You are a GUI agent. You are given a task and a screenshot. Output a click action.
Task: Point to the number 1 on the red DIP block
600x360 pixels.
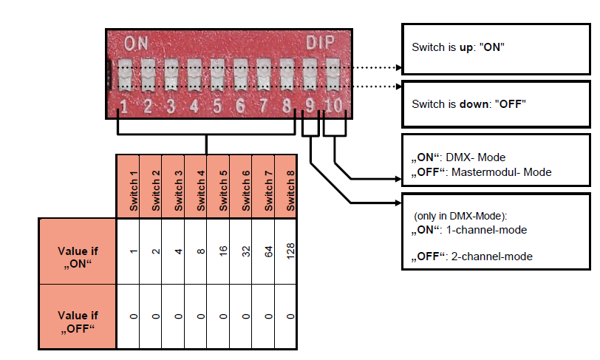click(124, 106)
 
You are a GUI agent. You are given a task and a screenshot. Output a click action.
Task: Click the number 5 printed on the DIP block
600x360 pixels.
click(217, 106)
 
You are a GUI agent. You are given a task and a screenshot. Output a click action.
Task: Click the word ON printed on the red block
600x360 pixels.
click(136, 41)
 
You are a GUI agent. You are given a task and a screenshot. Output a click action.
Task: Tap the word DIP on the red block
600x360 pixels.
click(321, 41)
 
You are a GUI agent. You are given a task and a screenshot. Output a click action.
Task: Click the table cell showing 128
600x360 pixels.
click(290, 251)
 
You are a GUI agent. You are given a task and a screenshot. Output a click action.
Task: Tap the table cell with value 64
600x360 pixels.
click(268, 251)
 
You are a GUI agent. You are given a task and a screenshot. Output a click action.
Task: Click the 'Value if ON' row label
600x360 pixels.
click(78, 251)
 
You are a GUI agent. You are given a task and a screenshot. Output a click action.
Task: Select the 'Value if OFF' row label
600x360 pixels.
click(78, 316)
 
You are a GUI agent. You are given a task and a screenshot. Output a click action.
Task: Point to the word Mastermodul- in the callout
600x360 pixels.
click(485, 172)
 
